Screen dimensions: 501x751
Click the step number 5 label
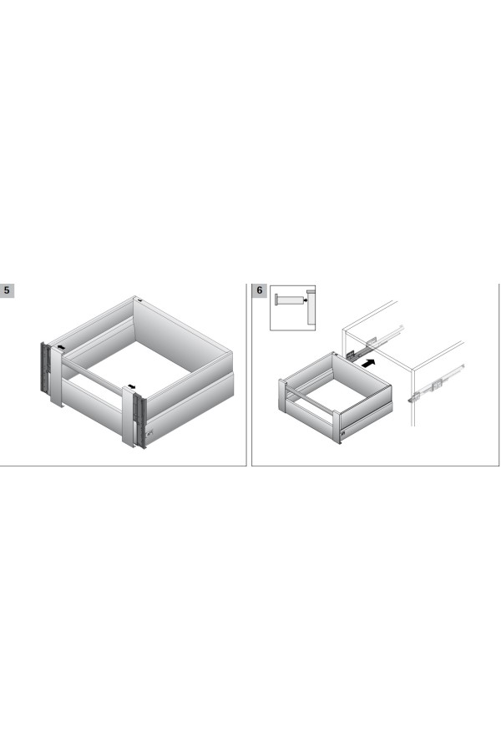pos(7,290)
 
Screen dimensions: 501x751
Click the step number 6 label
pos(260,290)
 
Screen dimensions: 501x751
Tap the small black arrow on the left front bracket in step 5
pos(61,347)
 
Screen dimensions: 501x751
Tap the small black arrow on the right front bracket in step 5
pos(132,386)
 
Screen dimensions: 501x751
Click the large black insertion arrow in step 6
pos(367,363)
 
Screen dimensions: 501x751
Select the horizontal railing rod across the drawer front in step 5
pos(92,376)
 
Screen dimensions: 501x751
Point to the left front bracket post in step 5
pos(57,377)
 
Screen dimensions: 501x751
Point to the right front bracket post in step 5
pos(129,416)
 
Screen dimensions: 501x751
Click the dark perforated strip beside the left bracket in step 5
pos(44,367)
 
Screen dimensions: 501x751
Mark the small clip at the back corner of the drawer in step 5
pos(139,300)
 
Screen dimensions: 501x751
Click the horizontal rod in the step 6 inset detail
pos(289,300)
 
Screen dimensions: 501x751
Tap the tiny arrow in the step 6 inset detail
pos(305,300)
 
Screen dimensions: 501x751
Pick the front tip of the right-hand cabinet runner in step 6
pos(411,399)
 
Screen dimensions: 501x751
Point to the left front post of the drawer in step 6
pos(282,395)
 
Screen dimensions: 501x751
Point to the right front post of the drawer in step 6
pos(337,426)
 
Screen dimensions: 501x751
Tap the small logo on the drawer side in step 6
pos(343,433)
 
